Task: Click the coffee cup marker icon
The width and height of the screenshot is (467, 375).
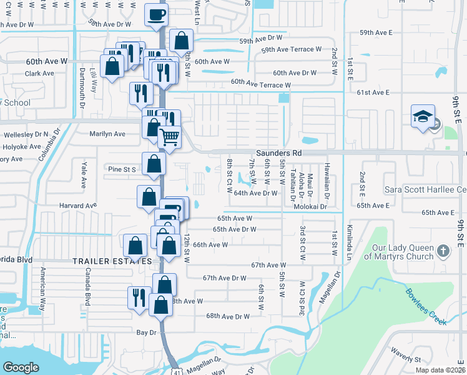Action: coord(156,14)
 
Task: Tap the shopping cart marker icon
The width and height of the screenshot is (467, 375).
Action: coord(169,136)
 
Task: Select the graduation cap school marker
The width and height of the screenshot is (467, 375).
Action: coord(422,116)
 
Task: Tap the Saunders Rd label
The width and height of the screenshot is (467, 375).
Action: coord(278,152)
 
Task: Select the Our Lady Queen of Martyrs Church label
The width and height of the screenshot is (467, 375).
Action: coord(399,252)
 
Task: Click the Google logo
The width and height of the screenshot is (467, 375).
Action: coord(21,367)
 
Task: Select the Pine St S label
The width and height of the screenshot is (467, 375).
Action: coord(122,169)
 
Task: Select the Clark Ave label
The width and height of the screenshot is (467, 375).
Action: coord(39,73)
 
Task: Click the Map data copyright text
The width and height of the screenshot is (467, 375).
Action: coord(440,370)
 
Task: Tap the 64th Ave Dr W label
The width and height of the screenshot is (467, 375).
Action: coord(255,193)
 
